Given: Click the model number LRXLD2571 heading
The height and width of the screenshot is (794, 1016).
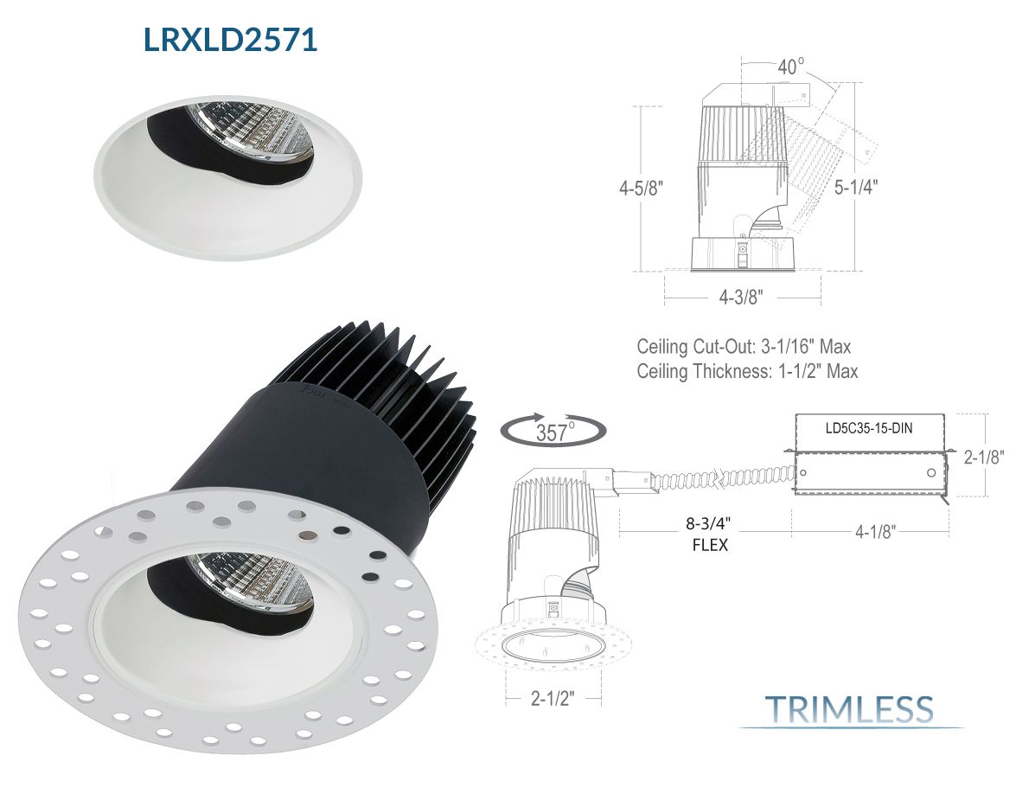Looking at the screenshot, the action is (230, 39).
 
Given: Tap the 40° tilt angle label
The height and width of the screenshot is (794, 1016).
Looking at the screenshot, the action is (789, 67).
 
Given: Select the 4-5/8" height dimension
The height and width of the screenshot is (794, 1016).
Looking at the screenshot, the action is (641, 188).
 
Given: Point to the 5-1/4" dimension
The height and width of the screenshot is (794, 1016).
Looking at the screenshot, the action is (855, 188).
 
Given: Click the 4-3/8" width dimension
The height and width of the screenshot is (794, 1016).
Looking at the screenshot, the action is (741, 298).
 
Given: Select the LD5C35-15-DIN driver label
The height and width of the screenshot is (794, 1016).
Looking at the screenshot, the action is (869, 428).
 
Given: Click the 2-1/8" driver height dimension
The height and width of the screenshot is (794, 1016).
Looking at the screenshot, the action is (984, 457).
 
